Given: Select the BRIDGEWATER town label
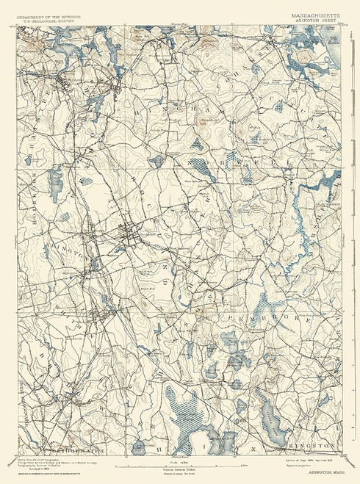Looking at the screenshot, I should point(47,447).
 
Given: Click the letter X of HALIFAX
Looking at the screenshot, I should point(252,446).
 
